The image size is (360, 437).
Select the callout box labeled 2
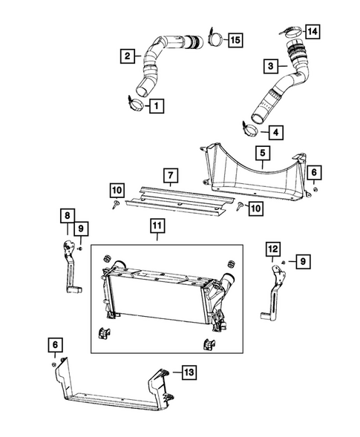(128, 54)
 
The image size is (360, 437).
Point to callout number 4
(275, 133)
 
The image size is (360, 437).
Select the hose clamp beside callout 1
(134, 102)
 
